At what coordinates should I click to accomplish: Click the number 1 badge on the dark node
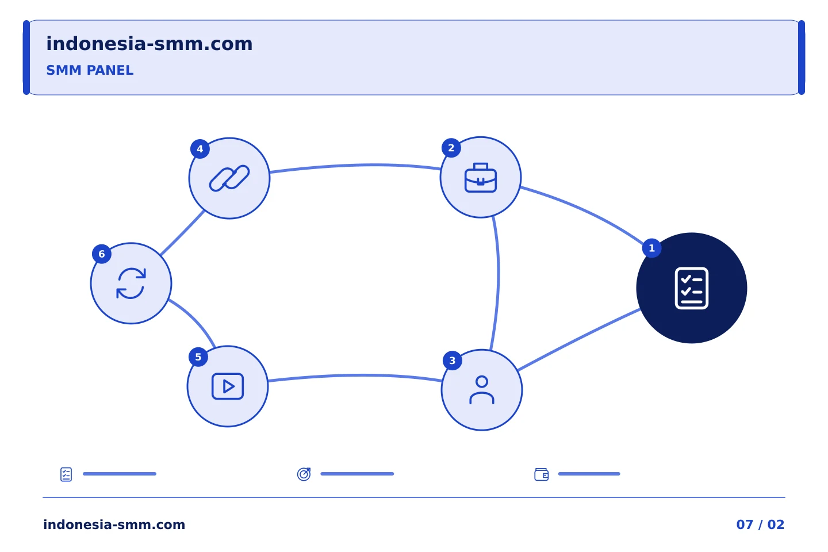[651, 248]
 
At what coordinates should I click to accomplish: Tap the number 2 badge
[451, 148]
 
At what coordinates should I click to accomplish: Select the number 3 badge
[452, 361]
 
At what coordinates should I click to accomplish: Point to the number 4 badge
[200, 149]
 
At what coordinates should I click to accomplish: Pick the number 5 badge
[198, 357]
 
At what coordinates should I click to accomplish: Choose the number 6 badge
[102, 254]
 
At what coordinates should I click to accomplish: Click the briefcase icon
[481, 178]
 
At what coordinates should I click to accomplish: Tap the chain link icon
[229, 178]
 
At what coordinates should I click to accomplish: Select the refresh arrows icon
[131, 283]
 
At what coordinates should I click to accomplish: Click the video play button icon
[228, 386]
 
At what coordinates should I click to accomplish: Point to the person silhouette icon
[482, 390]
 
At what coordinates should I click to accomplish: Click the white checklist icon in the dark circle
[692, 288]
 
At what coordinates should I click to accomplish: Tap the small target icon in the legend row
[304, 474]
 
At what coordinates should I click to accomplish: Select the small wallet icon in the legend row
[542, 474]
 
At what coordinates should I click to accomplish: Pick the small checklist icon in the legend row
[66, 474]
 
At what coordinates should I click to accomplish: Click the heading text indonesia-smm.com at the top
[149, 44]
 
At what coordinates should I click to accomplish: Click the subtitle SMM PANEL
[90, 70]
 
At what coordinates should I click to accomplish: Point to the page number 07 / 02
[760, 524]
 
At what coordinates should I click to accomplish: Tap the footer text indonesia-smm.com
[114, 524]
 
